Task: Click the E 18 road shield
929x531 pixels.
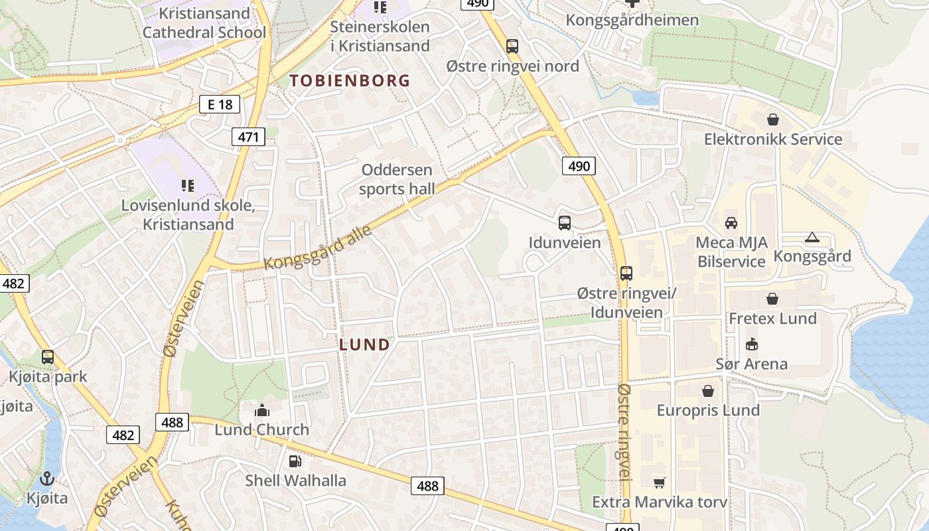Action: [219, 104]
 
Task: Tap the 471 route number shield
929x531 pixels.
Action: [248, 137]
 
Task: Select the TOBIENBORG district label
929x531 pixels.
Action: [350, 81]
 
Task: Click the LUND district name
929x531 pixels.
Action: [364, 344]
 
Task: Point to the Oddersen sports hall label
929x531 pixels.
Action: [397, 179]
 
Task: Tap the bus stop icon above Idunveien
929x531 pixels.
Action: [565, 223]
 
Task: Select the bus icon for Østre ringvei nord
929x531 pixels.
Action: [512, 46]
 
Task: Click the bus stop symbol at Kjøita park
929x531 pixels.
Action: [48, 357]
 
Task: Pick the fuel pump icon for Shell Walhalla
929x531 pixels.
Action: [295, 461]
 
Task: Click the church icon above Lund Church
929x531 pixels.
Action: [262, 410]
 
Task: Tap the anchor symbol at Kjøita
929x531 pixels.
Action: [47, 478]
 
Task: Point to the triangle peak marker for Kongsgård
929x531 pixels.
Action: [812, 237]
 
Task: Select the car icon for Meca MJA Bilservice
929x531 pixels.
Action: [731, 223]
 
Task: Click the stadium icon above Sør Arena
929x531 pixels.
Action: [751, 344]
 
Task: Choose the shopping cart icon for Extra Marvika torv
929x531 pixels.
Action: [659, 483]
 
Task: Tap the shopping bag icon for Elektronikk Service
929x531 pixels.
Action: [772, 119]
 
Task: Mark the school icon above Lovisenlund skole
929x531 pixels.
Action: [188, 186]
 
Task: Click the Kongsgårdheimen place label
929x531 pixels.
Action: [632, 20]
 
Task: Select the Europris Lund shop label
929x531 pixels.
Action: [708, 410]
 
